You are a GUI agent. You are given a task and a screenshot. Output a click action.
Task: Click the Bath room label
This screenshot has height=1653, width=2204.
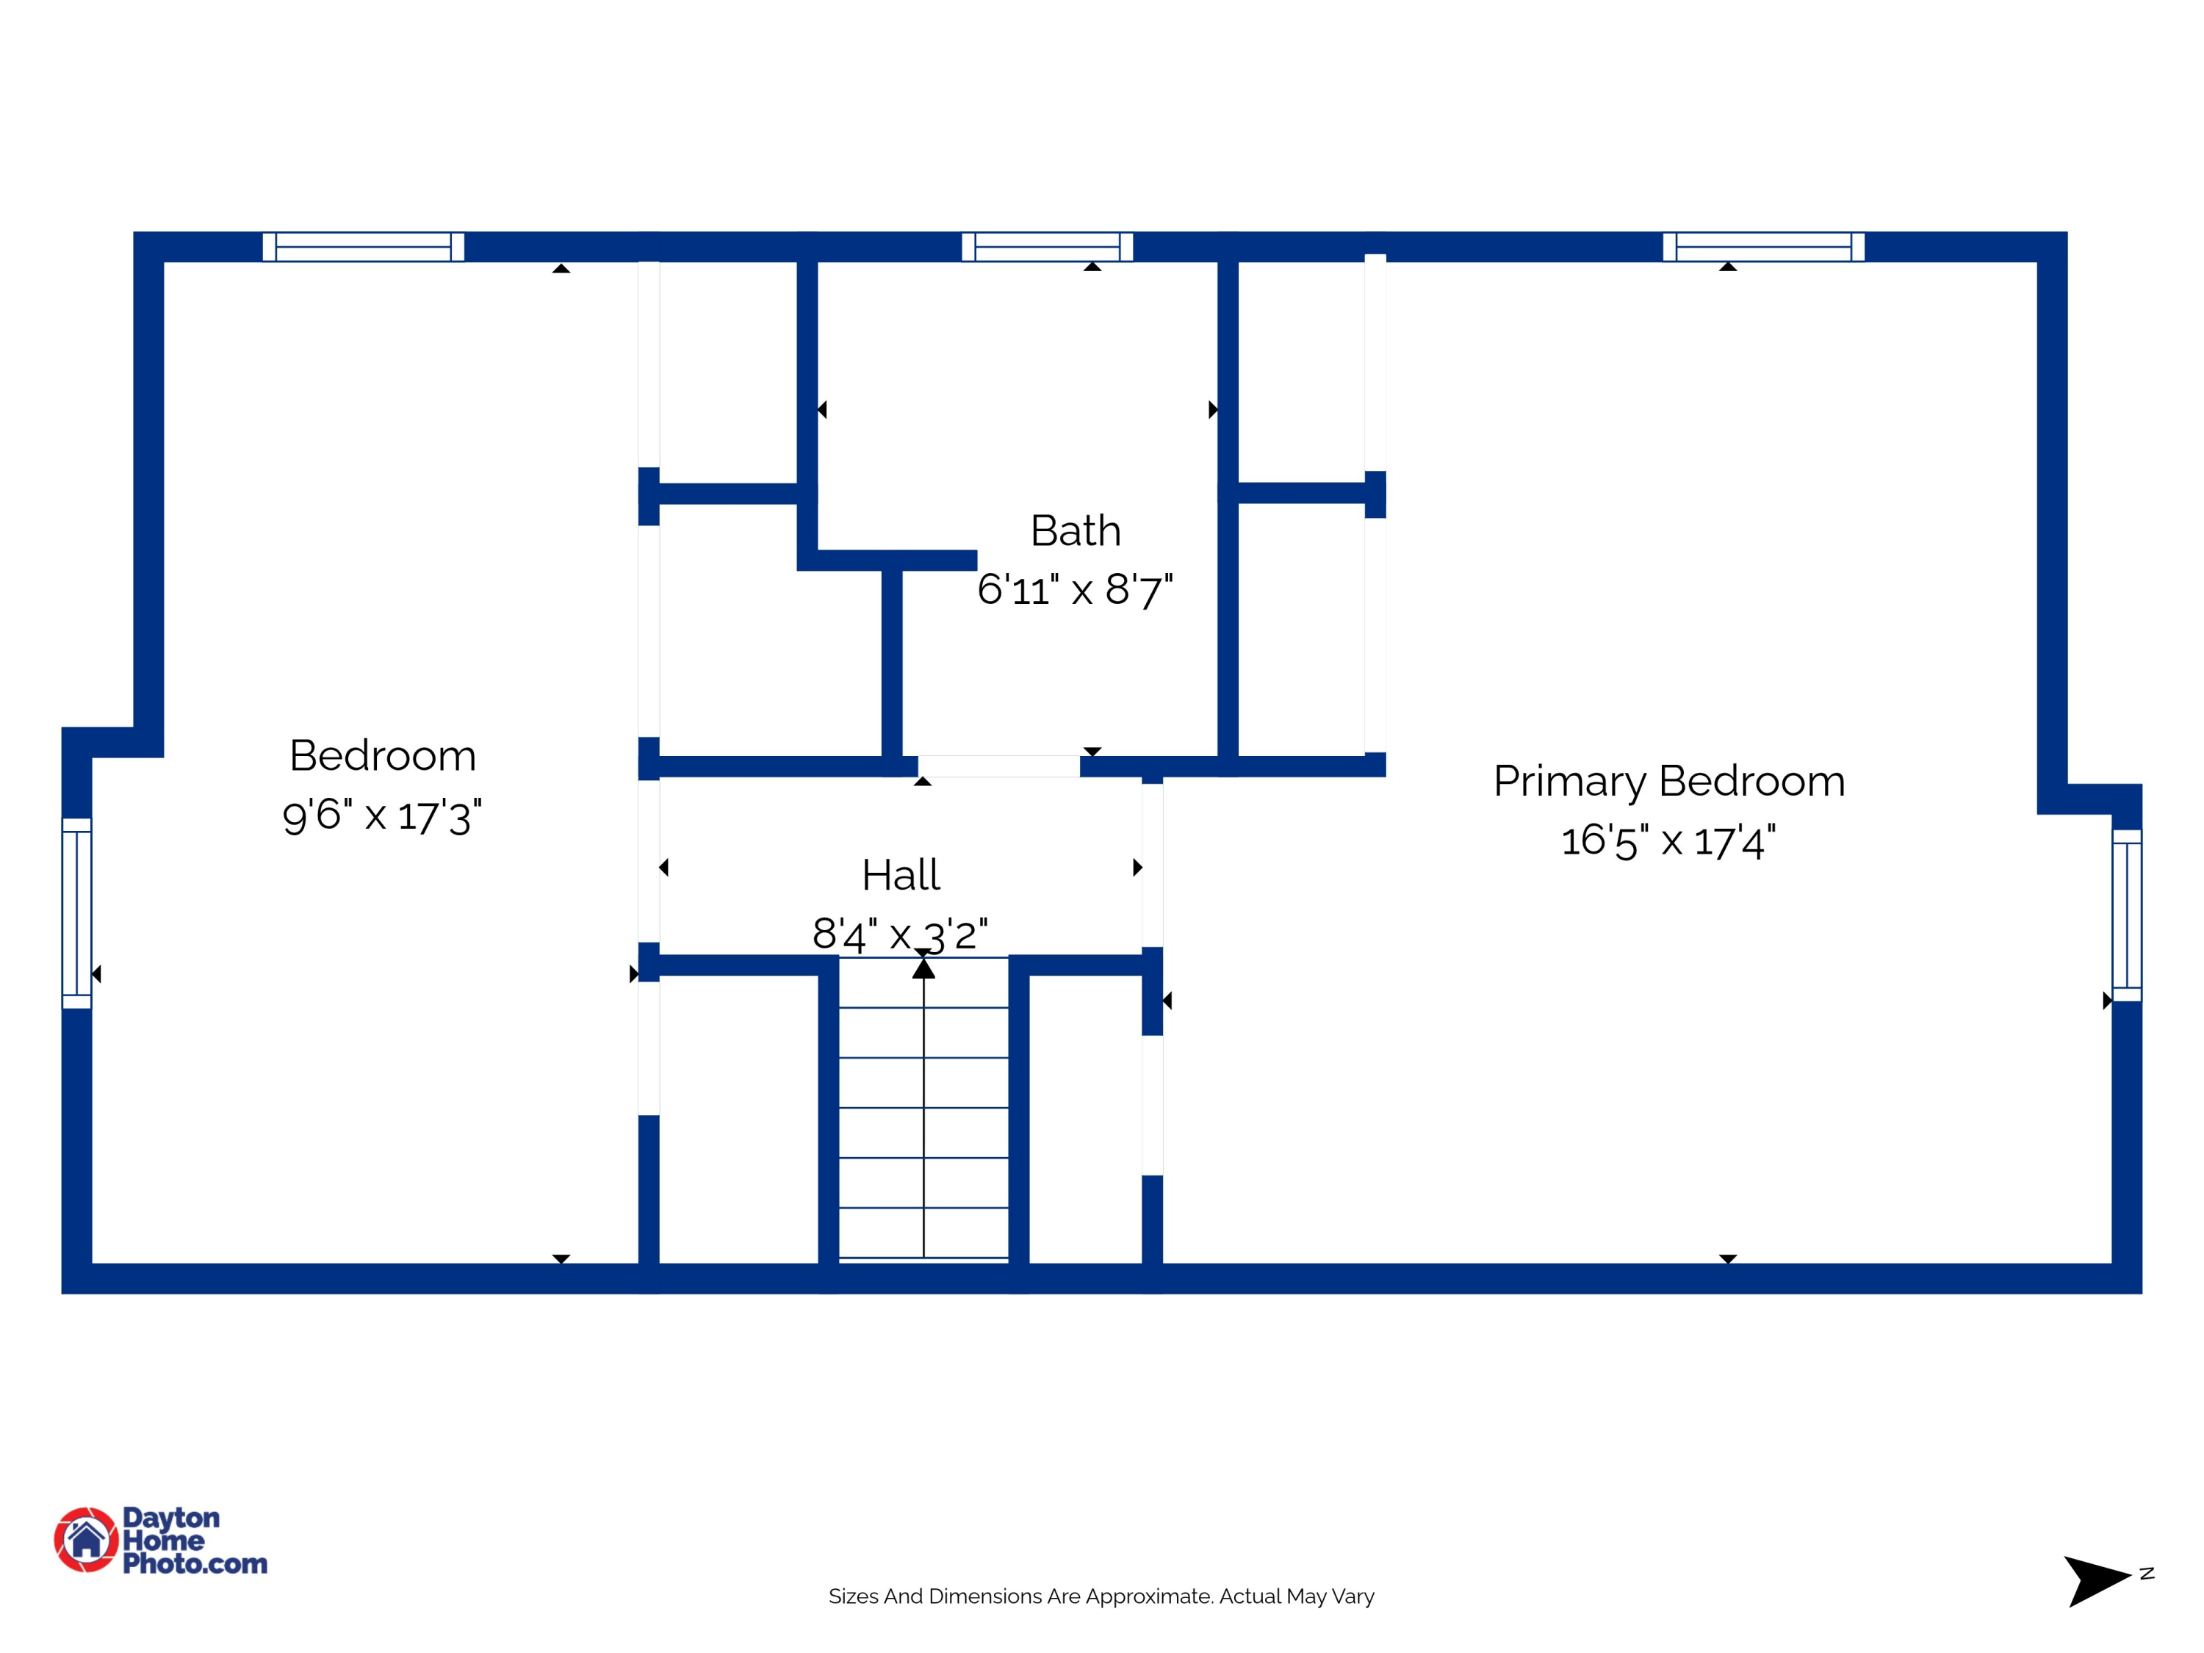(1075, 531)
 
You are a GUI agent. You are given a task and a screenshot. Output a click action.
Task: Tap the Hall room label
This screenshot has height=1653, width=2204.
(901, 875)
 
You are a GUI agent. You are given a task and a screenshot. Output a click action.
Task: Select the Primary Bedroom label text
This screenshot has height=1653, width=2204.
(1669, 781)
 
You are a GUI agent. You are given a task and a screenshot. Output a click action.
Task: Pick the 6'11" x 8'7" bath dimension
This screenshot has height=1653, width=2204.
(1075, 590)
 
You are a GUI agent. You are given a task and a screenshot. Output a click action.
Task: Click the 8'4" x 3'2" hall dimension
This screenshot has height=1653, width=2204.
(900, 934)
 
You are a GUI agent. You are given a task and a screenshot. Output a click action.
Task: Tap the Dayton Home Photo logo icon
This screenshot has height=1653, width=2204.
(86, 1539)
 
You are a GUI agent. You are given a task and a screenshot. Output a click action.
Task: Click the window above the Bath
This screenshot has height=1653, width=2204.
(1047, 246)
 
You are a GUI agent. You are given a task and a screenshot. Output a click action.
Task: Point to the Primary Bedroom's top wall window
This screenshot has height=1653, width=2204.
(1764, 246)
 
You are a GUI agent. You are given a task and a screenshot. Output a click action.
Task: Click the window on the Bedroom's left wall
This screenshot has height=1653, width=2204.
(76, 912)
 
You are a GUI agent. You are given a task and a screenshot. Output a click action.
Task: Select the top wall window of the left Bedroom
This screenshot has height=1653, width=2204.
(363, 246)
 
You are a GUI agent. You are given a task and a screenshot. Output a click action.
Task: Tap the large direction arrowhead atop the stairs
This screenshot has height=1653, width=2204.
(923, 968)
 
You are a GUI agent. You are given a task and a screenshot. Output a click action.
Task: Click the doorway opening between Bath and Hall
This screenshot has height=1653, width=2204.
(998, 766)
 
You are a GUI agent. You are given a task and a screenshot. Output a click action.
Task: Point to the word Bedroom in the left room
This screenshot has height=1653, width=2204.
(383, 755)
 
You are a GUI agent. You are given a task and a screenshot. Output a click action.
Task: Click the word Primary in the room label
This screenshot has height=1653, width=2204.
(1569, 781)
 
